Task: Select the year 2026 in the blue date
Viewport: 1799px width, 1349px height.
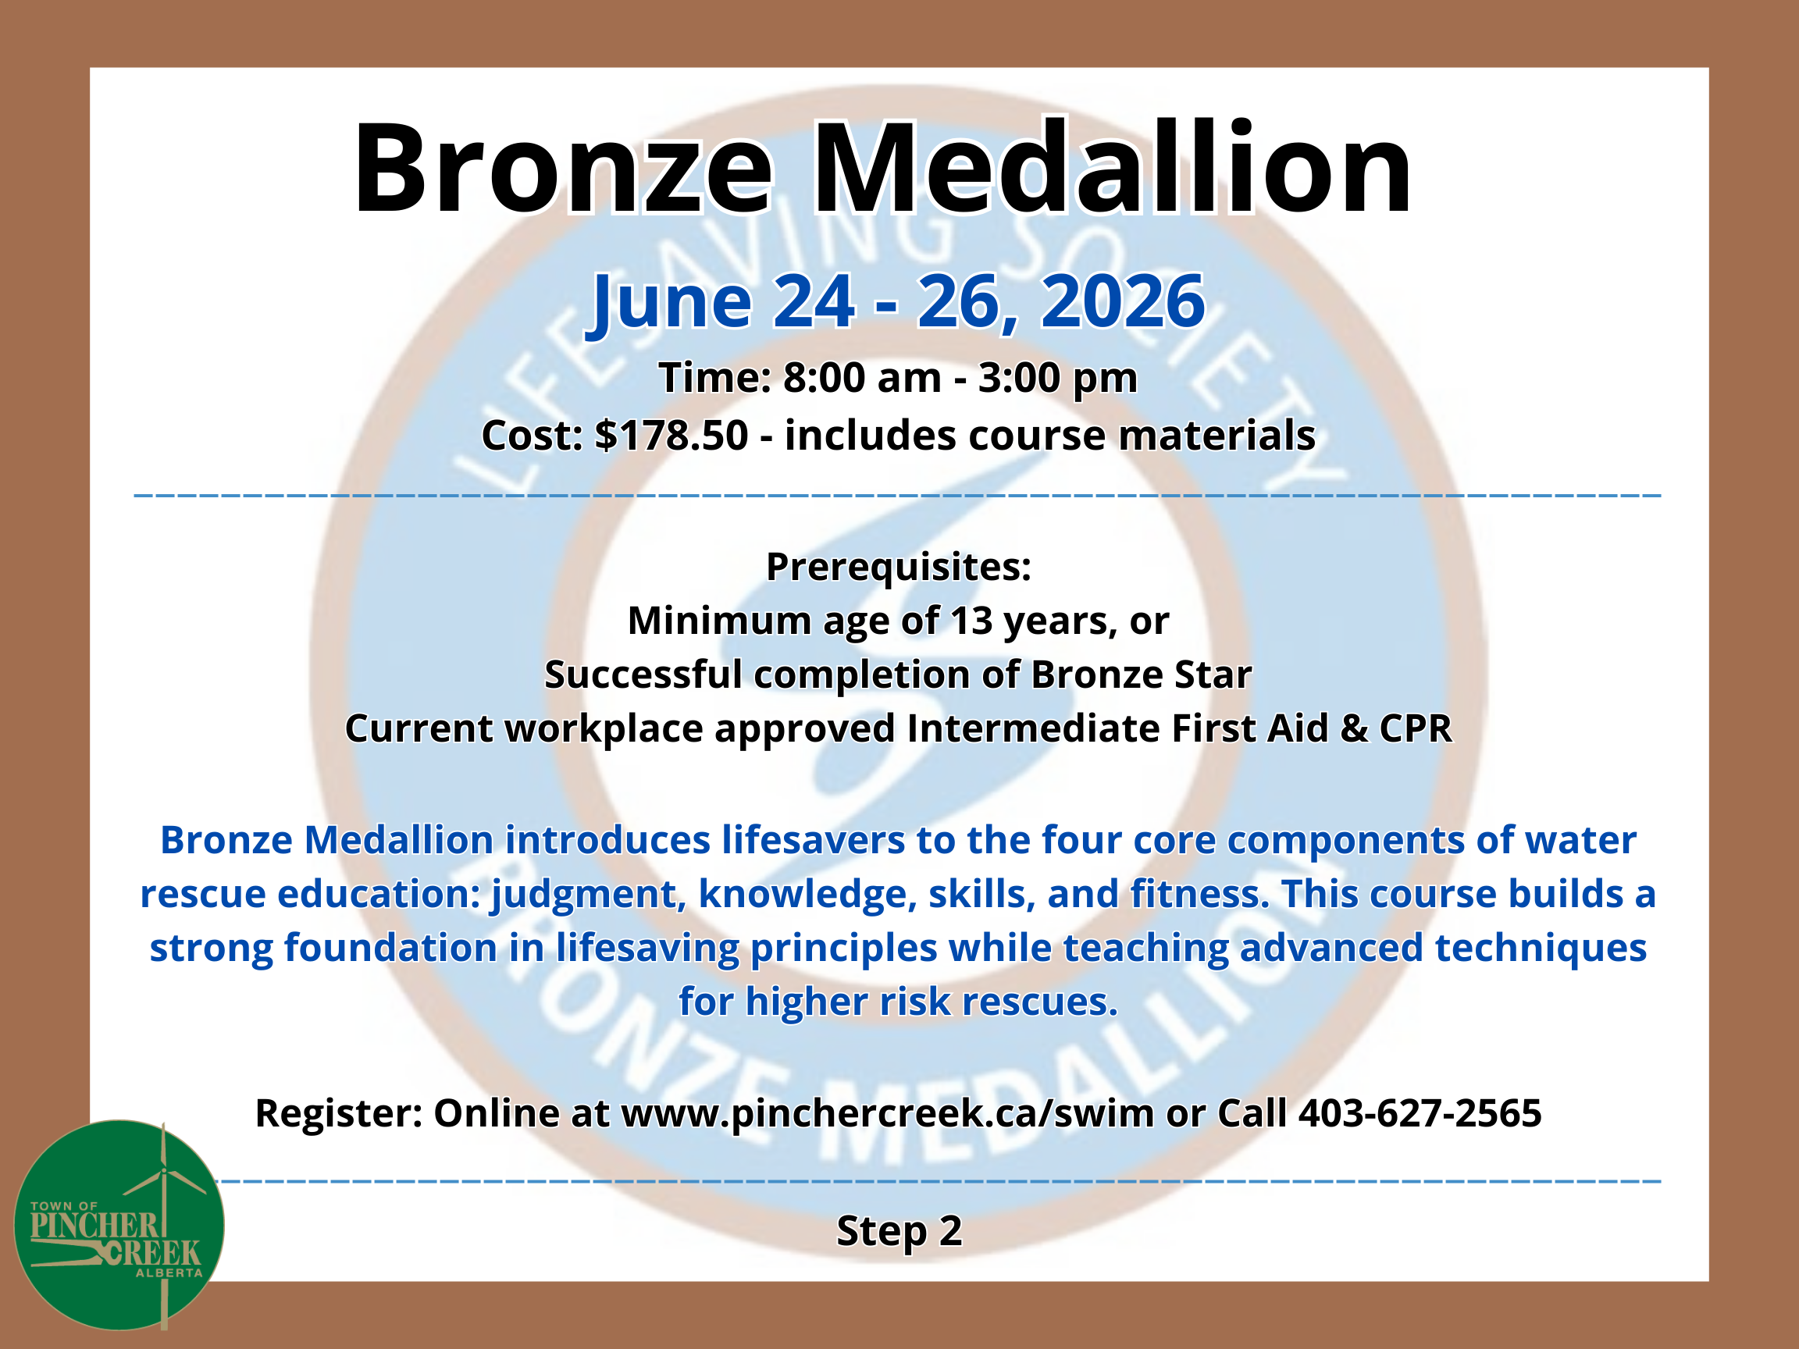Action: (1122, 301)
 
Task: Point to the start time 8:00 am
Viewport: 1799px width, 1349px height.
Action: (861, 377)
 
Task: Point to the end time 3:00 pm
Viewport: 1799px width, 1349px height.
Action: (1057, 379)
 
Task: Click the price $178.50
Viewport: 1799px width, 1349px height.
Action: (671, 435)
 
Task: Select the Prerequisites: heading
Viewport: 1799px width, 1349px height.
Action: (899, 567)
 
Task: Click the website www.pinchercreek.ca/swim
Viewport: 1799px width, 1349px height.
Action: (887, 1113)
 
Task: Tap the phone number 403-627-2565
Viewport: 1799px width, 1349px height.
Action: (1420, 1112)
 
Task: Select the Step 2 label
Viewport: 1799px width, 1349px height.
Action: (899, 1231)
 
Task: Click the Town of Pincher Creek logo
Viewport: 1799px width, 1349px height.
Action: (119, 1226)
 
